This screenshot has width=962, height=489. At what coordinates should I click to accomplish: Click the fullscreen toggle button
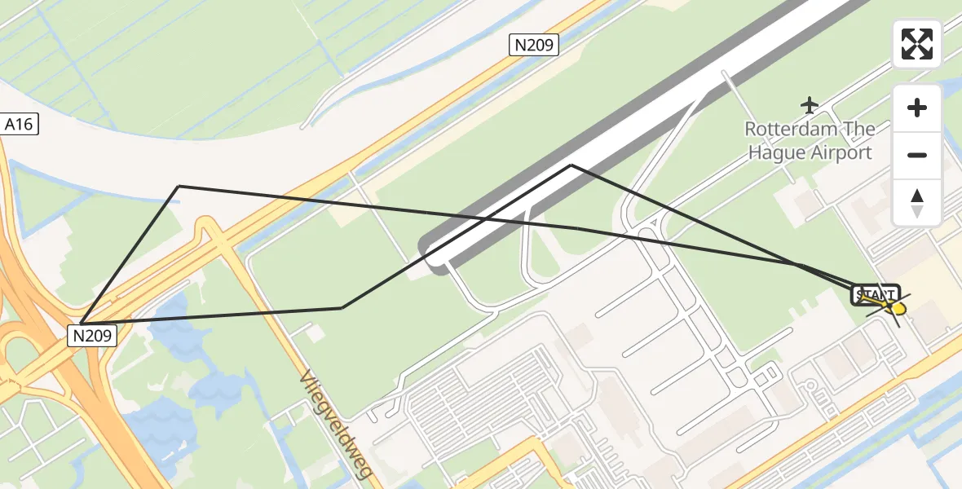coord(917,44)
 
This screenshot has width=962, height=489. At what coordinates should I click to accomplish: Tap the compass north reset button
coord(917,203)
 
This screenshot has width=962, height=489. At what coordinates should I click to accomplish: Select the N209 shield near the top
coord(535,45)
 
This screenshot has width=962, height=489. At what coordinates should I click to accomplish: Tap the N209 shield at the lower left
coord(92,334)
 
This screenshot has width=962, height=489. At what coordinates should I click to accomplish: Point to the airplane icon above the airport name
coord(810,105)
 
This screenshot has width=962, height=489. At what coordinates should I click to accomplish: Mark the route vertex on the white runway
coord(571,165)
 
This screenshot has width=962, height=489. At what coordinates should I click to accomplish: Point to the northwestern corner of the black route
coord(179,187)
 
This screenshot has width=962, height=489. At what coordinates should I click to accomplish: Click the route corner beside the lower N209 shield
coord(82,324)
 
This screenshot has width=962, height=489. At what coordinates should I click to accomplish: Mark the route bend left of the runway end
coord(342,307)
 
